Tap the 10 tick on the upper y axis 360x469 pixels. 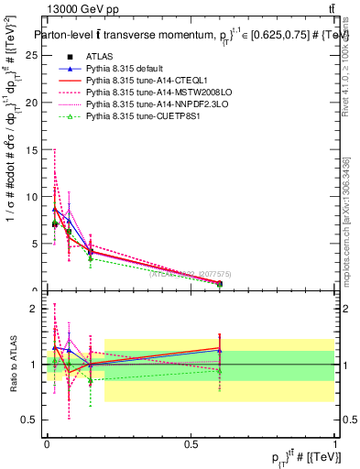coord(35,197)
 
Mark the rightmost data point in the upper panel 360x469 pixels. coord(220,284)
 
